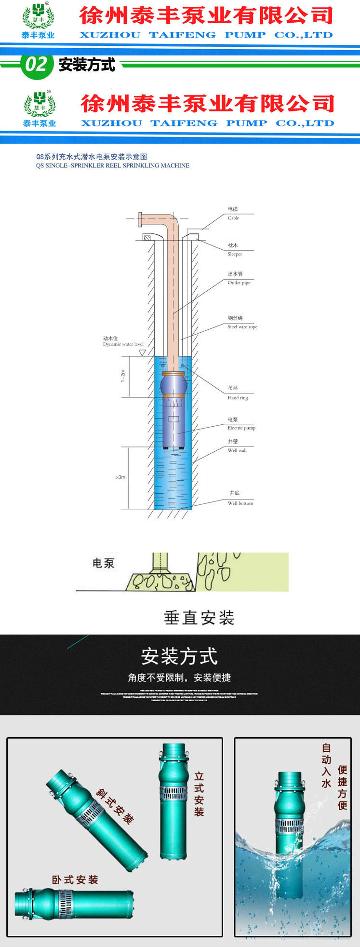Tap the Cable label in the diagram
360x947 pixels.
(233, 214)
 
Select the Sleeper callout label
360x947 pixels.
(234, 250)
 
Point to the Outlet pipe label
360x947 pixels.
(239, 278)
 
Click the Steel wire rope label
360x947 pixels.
(242, 323)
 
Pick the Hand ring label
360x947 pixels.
(237, 393)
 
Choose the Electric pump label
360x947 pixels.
(241, 424)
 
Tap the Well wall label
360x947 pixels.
(237, 446)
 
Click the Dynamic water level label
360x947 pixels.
(123, 341)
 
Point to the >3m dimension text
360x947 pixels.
(120, 477)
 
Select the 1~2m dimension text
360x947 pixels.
(123, 376)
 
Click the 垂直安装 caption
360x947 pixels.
(199, 618)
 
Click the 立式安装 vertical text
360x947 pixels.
(199, 794)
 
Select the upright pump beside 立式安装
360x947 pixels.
(173, 800)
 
